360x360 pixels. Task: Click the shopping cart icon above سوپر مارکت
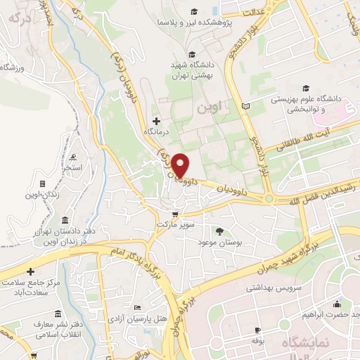[x=175, y=214]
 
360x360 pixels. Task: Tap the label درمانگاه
[x=156, y=131]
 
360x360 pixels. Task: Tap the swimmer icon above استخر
[x=75, y=156]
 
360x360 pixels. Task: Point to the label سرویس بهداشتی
[x=273, y=288]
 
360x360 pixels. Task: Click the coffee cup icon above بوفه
[x=257, y=330]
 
